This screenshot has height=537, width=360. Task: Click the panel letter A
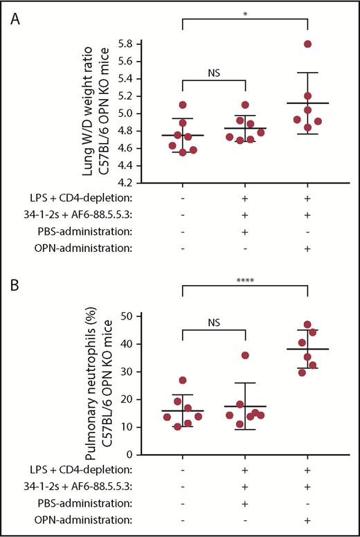[x=15, y=19]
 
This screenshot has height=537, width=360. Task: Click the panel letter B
[x=15, y=283]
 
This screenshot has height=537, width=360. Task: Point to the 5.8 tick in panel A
[x=125, y=43]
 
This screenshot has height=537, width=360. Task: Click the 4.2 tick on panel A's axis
[x=125, y=183]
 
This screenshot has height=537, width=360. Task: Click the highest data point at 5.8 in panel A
[x=307, y=44]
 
